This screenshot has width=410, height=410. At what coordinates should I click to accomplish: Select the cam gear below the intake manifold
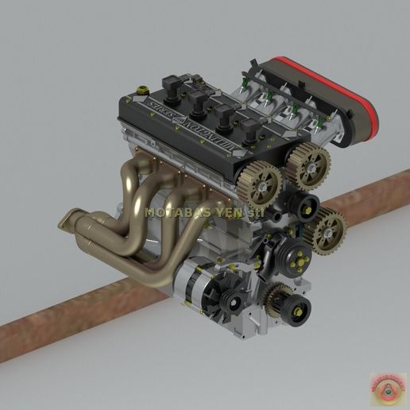[311, 164]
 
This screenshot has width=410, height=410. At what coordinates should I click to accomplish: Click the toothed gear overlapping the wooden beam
[330, 233]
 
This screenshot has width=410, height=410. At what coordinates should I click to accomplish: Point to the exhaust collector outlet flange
[73, 223]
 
